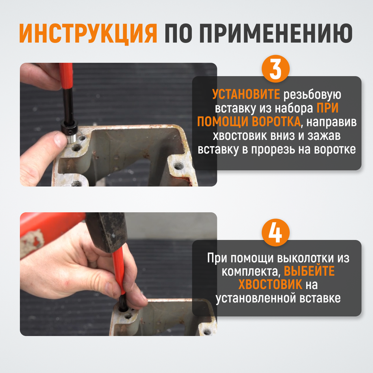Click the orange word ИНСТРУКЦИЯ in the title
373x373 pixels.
click(88, 34)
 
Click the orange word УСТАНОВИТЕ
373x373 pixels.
click(246, 95)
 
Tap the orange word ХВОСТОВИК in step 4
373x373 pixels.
click(270, 285)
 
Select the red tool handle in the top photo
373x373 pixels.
click(66, 75)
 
